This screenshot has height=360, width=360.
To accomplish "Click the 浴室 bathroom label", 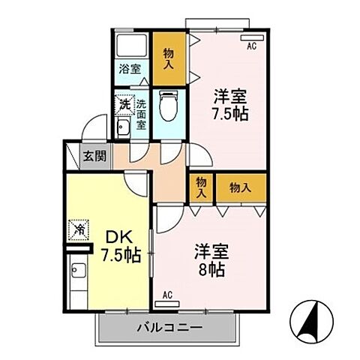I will (x=130, y=68).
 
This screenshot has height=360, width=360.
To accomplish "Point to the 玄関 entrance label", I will (x=94, y=156).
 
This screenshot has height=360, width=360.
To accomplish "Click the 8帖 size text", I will (x=211, y=268).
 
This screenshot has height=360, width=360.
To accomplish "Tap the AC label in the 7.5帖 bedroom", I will (x=251, y=46).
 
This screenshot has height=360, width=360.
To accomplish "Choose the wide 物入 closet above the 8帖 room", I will (x=240, y=187).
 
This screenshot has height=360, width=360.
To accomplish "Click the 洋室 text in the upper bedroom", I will (x=229, y=97).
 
